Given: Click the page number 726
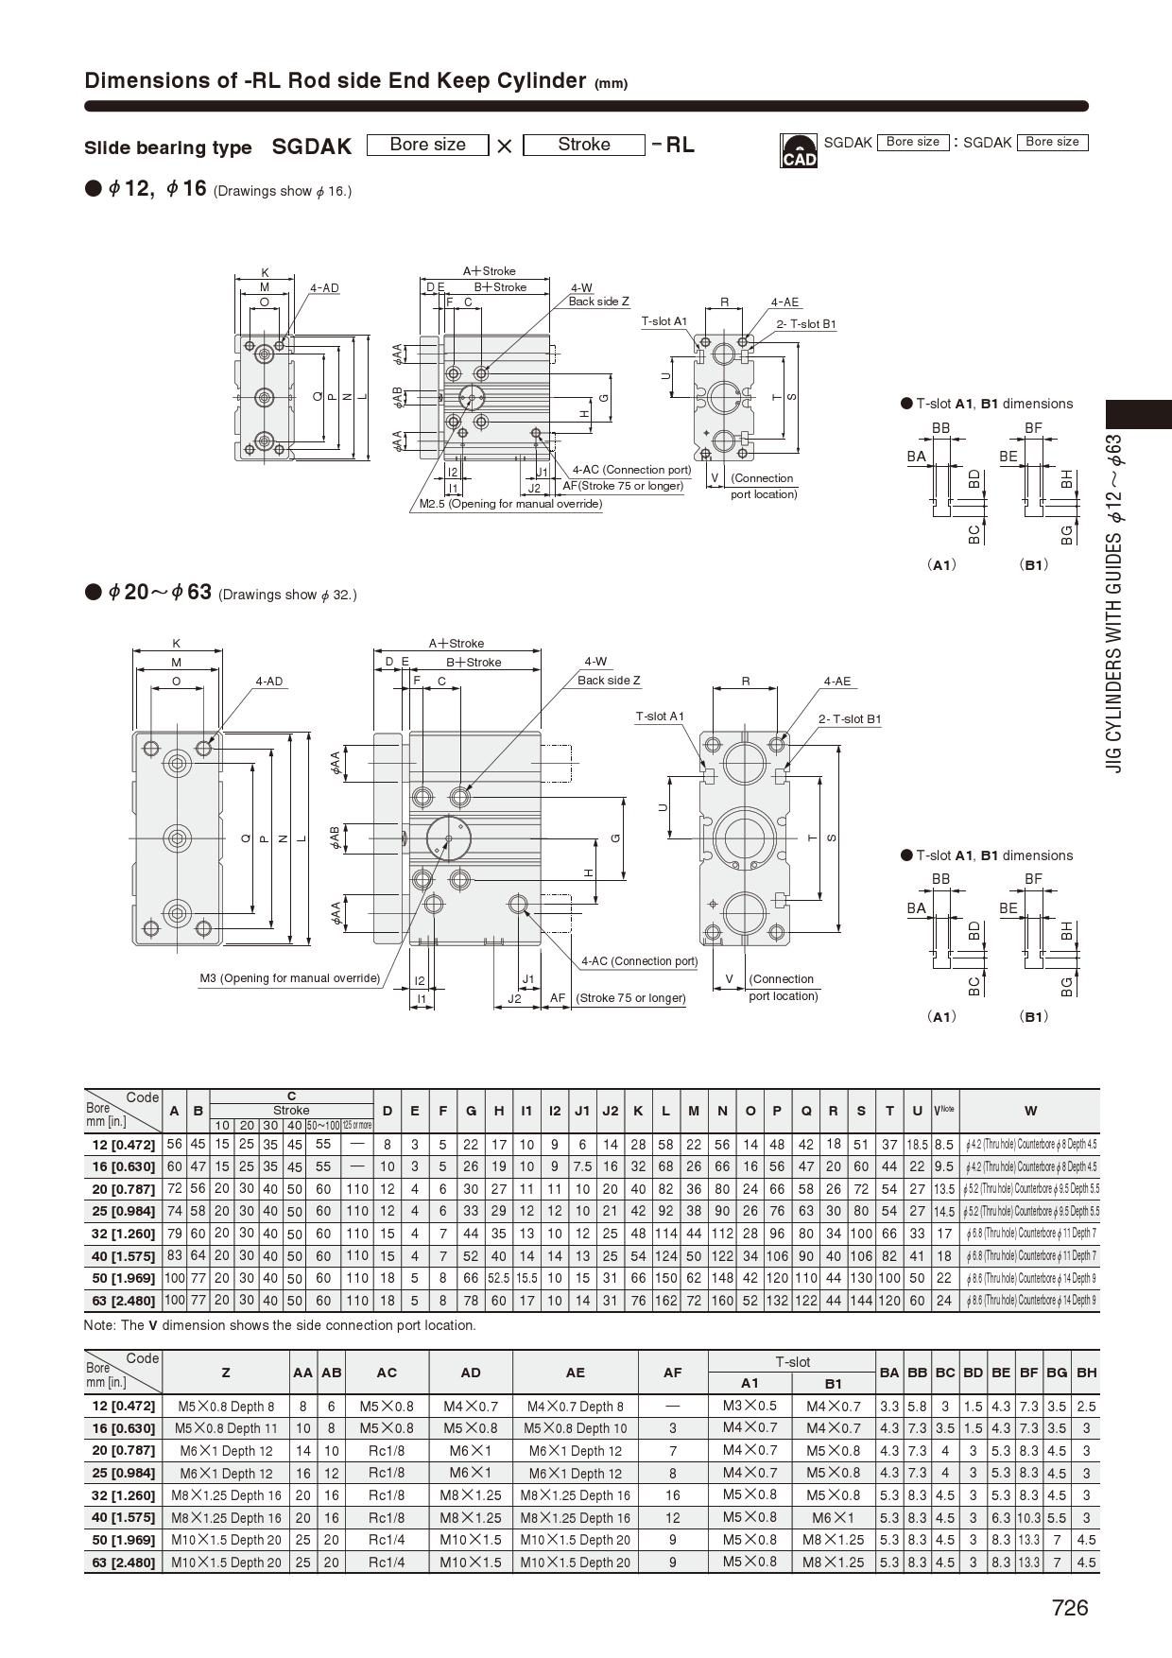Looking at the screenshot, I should tap(1069, 1608).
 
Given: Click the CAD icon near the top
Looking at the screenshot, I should tap(798, 150).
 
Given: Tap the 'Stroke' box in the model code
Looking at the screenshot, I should tap(583, 145).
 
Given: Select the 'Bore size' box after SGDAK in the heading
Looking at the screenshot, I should tap(427, 145).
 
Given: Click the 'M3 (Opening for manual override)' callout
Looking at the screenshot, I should tap(289, 978).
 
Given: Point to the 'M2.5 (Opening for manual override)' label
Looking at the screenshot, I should tap(510, 504).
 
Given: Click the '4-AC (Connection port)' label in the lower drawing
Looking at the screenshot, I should tap(639, 961).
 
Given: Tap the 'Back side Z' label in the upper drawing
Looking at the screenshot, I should tap(598, 302).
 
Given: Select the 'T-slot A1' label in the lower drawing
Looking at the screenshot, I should tap(660, 717).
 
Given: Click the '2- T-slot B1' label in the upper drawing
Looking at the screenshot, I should tap(806, 324).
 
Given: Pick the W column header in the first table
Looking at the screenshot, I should tap(1029, 1111).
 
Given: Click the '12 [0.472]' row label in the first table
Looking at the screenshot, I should tap(123, 1145).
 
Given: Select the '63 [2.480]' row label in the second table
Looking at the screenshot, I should tap(123, 1563).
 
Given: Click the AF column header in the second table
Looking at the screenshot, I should tap(672, 1373).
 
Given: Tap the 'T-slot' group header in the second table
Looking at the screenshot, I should tap(792, 1362).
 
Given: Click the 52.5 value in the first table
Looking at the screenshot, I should tap(498, 1278).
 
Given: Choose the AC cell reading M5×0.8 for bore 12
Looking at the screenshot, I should tap(387, 1407).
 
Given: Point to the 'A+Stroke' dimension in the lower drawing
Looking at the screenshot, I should tap(457, 644).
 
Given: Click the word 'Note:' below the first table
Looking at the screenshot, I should tap(100, 1325).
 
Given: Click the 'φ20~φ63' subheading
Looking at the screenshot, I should tap(160, 593).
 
